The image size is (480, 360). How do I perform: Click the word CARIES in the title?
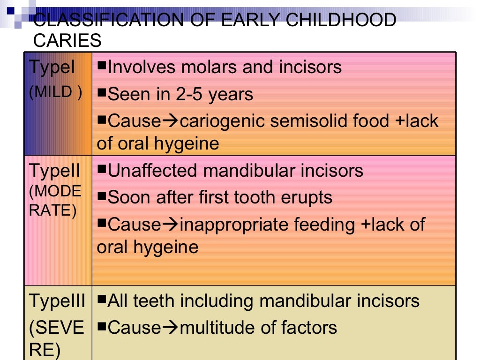point(67,41)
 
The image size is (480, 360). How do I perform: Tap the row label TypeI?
point(52,68)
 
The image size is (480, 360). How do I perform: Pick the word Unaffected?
point(153,171)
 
